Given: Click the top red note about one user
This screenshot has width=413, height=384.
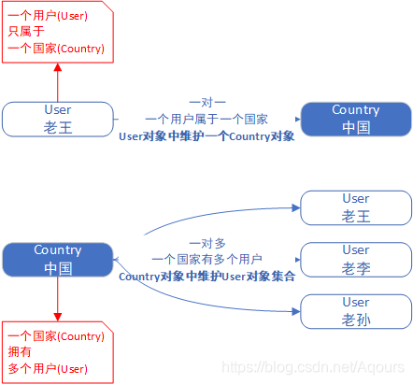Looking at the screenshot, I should pos(56,32).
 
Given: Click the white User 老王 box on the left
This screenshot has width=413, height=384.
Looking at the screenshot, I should pos(58,119).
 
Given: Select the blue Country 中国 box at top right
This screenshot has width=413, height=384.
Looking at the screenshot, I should pos(356,119).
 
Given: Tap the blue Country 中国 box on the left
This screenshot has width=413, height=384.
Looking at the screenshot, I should pos(58,259).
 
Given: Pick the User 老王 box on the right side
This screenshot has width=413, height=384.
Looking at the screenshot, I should pos(356,207).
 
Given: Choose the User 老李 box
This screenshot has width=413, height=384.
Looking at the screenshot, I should pos(356,259).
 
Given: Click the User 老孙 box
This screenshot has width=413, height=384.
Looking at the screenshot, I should pos(356,311).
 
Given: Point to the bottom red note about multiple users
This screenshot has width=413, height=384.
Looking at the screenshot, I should pos(56,352).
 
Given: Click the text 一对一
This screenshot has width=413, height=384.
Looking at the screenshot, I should pos(206,102).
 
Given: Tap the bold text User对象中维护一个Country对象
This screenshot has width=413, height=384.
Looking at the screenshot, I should pos(206,136).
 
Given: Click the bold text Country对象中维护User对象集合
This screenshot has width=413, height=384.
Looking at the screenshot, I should pos(206,276).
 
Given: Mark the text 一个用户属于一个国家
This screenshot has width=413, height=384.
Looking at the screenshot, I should pos(206,120).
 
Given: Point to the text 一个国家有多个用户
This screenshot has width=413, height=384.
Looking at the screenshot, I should pos(206,259).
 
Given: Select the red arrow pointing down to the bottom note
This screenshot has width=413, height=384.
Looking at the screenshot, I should pos(58,299).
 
